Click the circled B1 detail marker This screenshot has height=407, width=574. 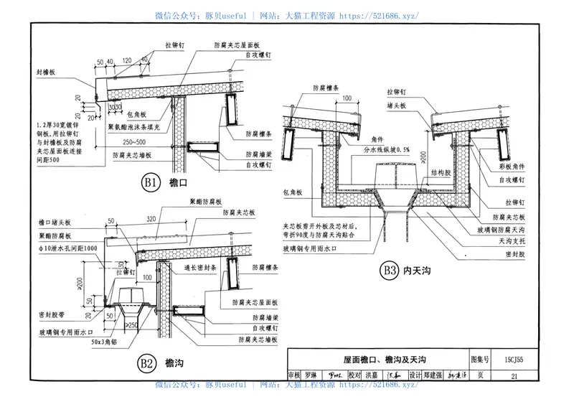pos(149,184)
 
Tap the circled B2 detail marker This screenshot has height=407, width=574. pos(147,363)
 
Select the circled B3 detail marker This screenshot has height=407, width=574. pos(389,271)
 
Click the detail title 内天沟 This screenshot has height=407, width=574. pos(418,271)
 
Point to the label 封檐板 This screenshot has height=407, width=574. pos(47,73)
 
